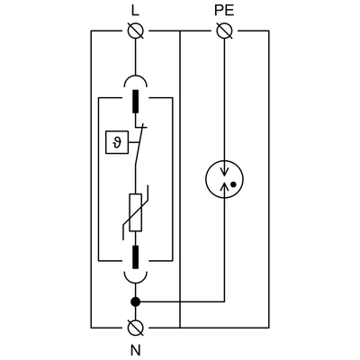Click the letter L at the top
[136, 10]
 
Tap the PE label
[225, 10]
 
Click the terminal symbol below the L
[136, 31]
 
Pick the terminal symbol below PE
[225, 31]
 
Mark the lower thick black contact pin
[136, 256]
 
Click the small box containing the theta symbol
[114, 142]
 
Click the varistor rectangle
[136, 216]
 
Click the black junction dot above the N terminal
[136, 301]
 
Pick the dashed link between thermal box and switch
[130, 142]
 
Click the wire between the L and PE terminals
[180, 31]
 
